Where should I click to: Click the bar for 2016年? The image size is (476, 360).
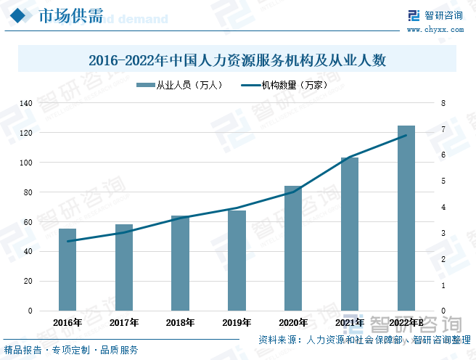(67, 269)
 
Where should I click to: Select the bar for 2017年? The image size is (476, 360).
(124, 267)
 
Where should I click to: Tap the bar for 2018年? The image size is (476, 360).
(180, 263)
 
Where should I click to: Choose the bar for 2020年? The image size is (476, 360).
(293, 248)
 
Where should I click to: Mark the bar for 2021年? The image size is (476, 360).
(350, 234)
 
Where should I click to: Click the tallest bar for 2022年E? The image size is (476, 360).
(406, 218)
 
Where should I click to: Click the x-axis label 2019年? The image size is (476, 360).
(237, 322)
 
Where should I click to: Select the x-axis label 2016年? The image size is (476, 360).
(67, 322)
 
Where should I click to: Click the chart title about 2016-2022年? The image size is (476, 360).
(237, 61)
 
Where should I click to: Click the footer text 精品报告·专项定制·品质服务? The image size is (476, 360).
(71, 350)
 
